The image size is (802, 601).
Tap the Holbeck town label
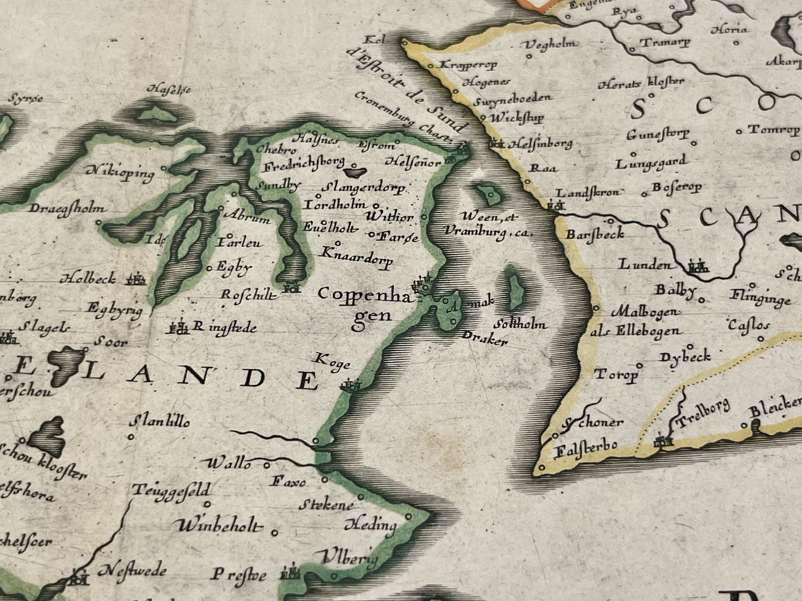click(89, 278)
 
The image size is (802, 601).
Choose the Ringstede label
click(224, 327)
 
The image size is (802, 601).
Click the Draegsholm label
click(67, 209)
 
